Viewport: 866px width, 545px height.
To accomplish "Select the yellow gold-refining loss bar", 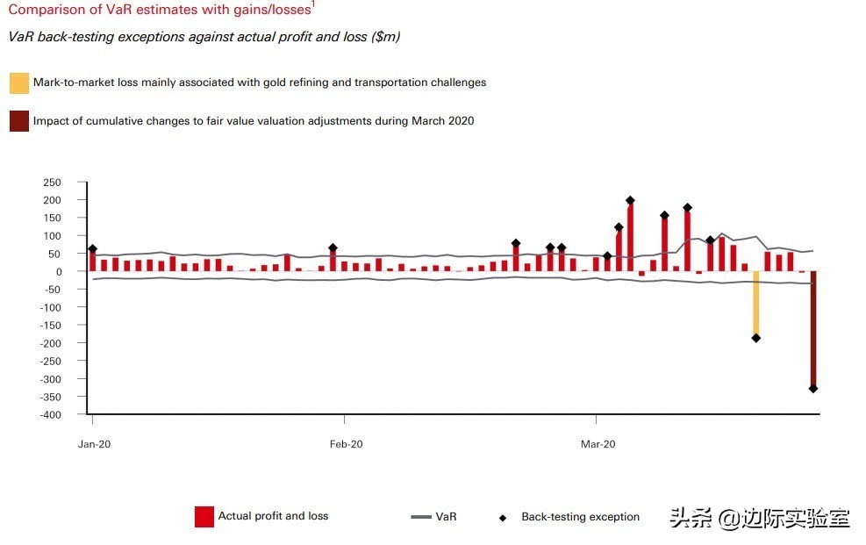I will (755, 303).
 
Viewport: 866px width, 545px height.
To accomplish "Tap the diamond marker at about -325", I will (813, 388).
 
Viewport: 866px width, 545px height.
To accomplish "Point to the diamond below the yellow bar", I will (755, 338).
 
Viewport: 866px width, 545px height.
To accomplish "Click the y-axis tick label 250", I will (52, 183).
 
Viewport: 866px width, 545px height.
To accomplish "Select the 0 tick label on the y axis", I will (58, 272).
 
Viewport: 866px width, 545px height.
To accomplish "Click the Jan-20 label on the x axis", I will (93, 444).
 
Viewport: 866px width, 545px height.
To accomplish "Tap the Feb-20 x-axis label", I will (346, 444).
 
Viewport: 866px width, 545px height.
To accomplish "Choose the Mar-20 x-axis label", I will (598, 444).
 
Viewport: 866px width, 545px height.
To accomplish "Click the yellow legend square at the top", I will (19, 83).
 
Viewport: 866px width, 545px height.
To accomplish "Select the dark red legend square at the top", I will (19, 121).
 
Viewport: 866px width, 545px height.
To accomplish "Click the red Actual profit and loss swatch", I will (204, 517).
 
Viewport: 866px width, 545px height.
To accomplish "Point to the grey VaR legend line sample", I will (420, 517).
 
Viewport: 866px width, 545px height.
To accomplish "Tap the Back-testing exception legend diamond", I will (503, 518).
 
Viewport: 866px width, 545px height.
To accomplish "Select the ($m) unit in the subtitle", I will (386, 37).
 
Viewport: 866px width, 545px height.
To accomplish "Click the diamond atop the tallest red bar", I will (630, 200).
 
